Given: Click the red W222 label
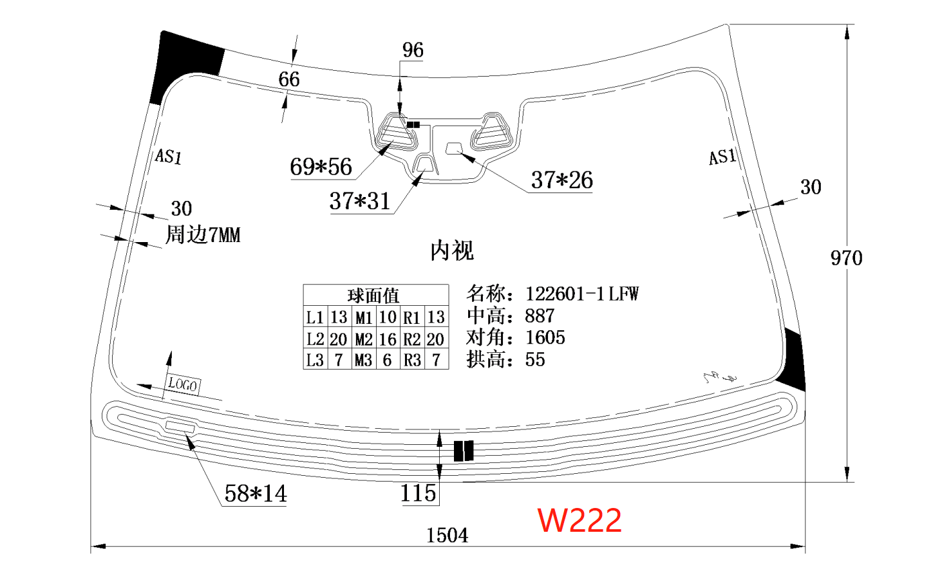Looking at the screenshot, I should click(579, 520).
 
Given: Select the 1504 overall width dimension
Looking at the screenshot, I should click(447, 535).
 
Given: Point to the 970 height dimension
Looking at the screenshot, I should click(846, 258).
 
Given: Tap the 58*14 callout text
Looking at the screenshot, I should click(256, 494).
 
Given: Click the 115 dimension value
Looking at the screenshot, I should click(419, 493).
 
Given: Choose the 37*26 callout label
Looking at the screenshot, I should click(561, 180).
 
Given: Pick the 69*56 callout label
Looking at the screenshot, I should click(321, 167).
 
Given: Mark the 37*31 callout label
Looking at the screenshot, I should click(360, 202).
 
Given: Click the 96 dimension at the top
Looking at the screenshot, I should click(413, 50).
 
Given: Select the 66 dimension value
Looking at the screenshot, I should click(289, 79).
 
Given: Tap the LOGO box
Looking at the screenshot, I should click(183, 385).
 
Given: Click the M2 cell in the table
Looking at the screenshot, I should click(364, 339).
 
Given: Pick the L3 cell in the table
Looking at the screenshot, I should click(315, 360).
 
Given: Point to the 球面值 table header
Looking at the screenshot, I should click(373, 296).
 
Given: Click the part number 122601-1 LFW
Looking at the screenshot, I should click(582, 294).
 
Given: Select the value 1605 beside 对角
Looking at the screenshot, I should click(545, 337).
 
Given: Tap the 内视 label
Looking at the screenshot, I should click(452, 250).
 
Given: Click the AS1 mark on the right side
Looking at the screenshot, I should click(722, 157).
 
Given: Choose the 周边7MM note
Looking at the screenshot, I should click(203, 234).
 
